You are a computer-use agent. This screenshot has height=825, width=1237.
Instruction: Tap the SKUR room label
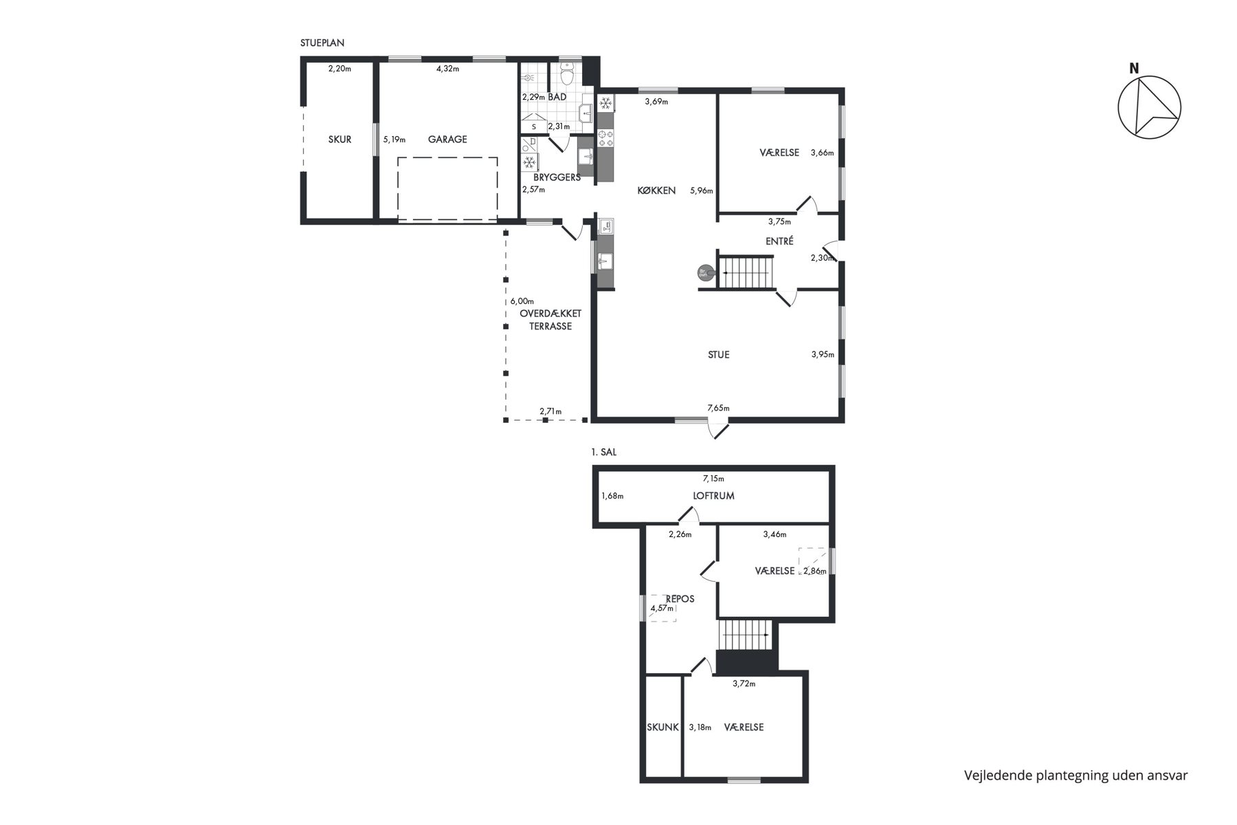(339, 140)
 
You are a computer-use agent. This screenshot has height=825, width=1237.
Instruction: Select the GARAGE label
(447, 140)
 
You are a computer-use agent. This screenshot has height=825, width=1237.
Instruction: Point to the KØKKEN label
(656, 190)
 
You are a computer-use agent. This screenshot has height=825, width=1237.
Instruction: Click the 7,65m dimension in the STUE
(718, 408)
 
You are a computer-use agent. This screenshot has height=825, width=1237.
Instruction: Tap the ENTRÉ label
(779, 241)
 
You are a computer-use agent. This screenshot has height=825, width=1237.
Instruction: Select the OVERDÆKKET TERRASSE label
(550, 320)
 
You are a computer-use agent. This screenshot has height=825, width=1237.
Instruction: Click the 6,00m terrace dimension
(522, 301)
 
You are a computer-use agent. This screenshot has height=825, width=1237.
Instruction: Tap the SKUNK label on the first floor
(663, 727)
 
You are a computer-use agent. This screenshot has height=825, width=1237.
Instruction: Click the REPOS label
(680, 599)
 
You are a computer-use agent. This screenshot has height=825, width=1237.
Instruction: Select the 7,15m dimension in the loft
(713, 478)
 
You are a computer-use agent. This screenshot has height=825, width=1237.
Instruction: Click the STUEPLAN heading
(322, 43)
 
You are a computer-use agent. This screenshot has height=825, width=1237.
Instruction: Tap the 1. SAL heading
(604, 452)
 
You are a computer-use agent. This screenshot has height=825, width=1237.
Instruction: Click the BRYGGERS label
(557, 177)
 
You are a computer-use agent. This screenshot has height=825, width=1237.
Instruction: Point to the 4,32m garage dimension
(447, 68)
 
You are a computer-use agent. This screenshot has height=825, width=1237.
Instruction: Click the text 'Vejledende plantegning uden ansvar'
(1076, 775)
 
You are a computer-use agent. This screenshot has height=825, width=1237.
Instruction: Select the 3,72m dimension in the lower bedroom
(744, 683)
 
